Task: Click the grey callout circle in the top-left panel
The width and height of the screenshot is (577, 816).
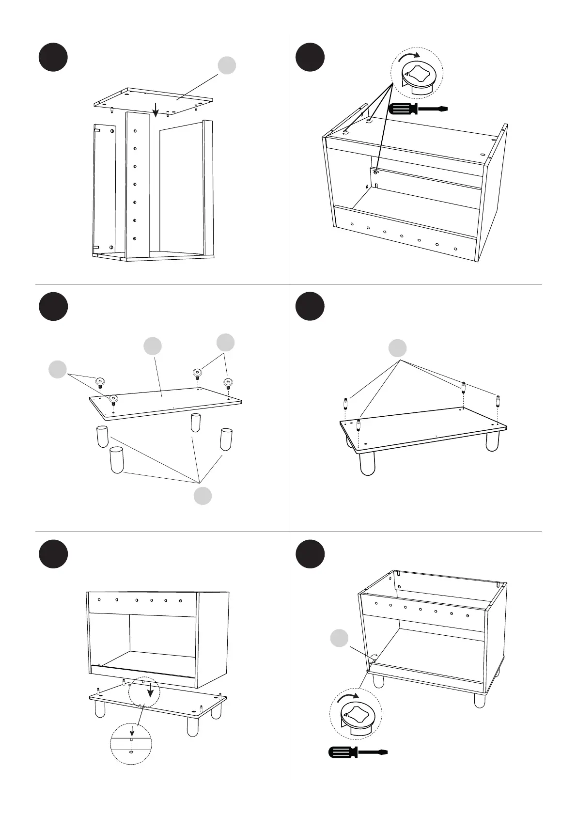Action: pos(226,65)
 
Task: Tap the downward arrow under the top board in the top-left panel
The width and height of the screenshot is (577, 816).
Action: pos(155,110)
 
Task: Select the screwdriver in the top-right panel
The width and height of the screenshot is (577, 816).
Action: pos(417,109)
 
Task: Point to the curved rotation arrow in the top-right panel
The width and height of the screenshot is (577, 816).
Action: pos(409,58)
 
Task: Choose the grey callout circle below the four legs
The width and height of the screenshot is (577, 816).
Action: pos(203,496)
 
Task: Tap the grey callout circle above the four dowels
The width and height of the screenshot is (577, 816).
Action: pos(398,348)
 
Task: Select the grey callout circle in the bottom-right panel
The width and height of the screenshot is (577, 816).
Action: pos(339,638)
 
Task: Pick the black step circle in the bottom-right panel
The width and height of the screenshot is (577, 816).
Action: pos(310,554)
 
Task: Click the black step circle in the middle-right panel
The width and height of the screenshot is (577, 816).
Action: pos(310,306)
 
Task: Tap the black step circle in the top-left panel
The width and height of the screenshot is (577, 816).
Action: pos(53,57)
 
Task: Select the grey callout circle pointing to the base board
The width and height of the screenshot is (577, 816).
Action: pos(153,345)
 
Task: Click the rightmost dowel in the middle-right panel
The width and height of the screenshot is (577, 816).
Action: pos(498,402)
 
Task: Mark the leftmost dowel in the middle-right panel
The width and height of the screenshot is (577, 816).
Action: pos(345,403)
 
